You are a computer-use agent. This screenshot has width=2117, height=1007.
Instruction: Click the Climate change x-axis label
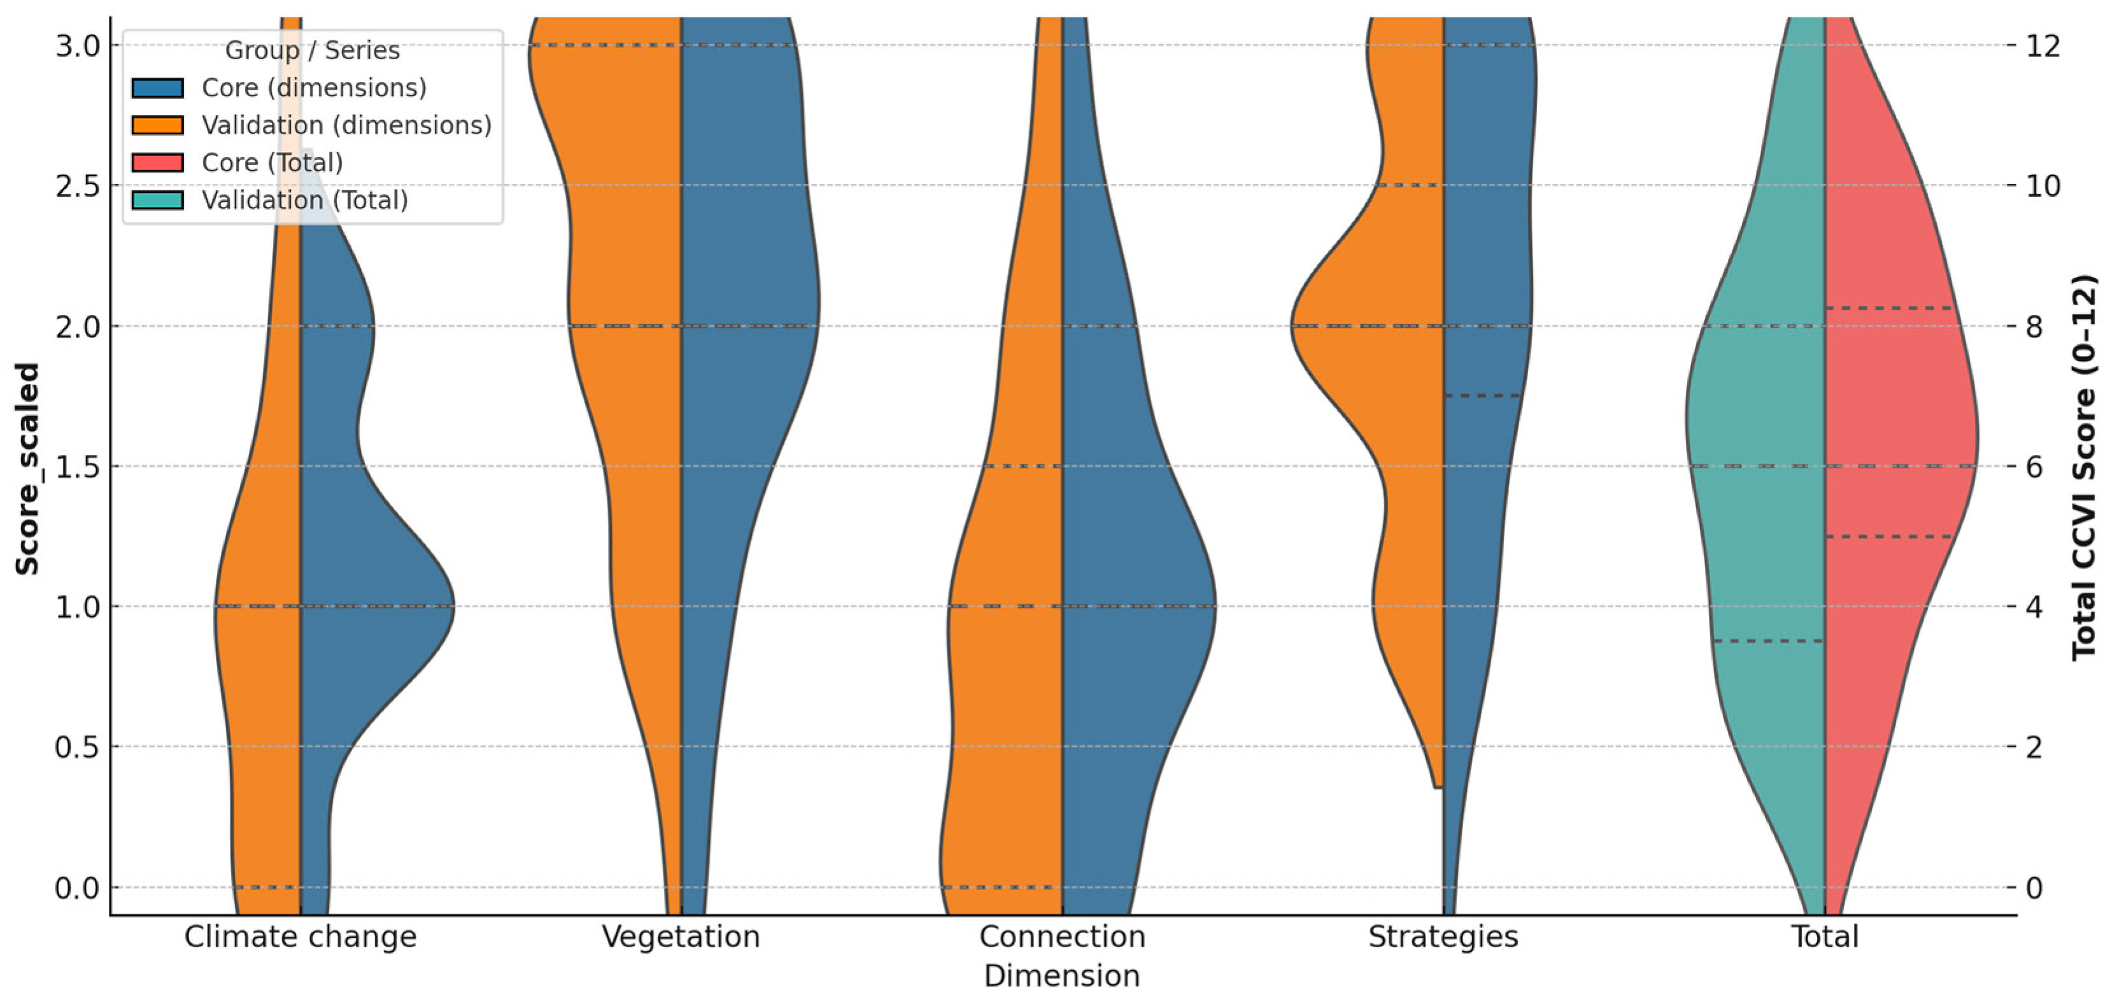[300, 936]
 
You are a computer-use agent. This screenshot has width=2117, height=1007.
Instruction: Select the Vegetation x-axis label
[681, 936]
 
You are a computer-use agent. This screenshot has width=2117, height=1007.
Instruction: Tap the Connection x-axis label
[1062, 936]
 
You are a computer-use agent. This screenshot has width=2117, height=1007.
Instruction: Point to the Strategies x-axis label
[1443, 936]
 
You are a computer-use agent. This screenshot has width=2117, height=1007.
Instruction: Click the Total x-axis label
[1824, 936]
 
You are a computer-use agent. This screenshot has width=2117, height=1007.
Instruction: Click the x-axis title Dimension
[1062, 976]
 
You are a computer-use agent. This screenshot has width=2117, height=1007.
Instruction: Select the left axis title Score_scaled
[28, 468]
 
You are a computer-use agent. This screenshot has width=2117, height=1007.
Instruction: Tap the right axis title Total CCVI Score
[2083, 468]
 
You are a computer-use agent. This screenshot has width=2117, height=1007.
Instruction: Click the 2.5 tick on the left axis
[76, 186]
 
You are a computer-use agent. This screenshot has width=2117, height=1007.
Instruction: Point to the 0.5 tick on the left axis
[76, 747]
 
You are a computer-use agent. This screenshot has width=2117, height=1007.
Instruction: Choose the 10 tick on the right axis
[2043, 186]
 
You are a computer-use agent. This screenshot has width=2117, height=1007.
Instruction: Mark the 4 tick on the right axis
[2034, 606]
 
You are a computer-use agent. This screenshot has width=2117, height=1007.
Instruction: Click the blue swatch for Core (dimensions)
[158, 88]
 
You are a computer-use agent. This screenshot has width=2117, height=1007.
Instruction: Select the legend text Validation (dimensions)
[346, 125]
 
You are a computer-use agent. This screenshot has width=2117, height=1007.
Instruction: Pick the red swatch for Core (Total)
[158, 162]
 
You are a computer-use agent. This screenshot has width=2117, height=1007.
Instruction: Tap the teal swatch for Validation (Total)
[158, 200]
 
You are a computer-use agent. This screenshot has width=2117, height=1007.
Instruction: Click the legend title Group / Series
[312, 50]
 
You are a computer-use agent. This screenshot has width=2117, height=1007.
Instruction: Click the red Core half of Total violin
[1890, 411]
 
